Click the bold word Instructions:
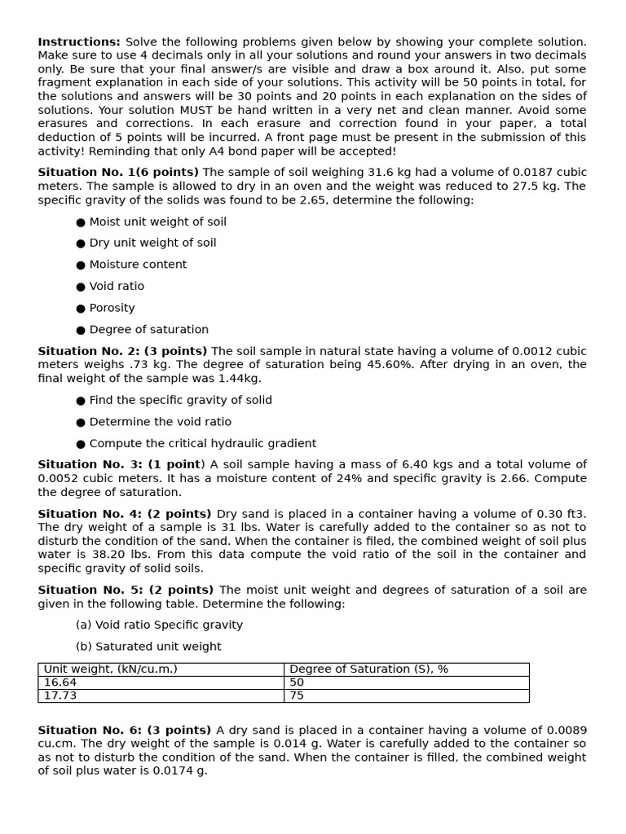click(x=79, y=42)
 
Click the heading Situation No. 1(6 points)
click(x=118, y=173)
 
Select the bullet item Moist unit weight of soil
click(x=157, y=222)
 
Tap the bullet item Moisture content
click(x=138, y=265)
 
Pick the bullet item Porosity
click(x=112, y=308)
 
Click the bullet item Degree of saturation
click(x=148, y=330)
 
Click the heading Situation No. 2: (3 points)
click(x=122, y=352)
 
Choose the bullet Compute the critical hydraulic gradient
click(x=202, y=444)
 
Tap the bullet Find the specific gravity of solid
click(x=180, y=401)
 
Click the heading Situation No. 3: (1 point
click(x=119, y=465)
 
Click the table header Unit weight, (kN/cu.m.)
click(x=110, y=669)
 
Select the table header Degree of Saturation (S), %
click(x=368, y=669)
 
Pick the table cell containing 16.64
click(x=60, y=683)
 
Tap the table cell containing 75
click(x=298, y=696)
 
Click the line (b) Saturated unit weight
click(x=148, y=647)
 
